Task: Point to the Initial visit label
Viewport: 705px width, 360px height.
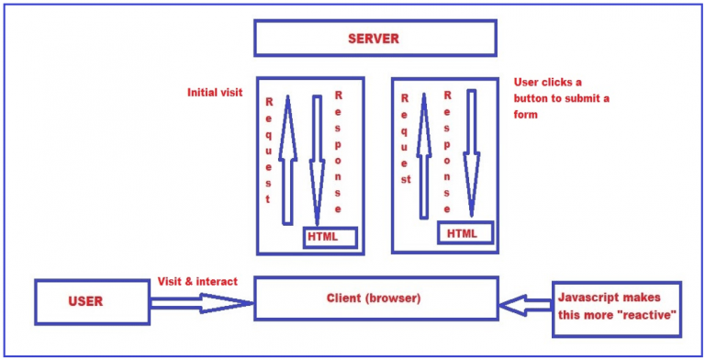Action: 215,93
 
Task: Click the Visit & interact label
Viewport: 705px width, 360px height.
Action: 197,281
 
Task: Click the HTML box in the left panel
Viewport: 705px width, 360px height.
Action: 322,237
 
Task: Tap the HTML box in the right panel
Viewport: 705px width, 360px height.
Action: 464,233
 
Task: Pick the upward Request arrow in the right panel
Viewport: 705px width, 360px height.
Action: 424,156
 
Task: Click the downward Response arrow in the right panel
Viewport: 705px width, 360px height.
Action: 472,152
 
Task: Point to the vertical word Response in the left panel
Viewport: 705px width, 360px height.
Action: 339,152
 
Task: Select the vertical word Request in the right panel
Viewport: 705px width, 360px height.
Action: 403,138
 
